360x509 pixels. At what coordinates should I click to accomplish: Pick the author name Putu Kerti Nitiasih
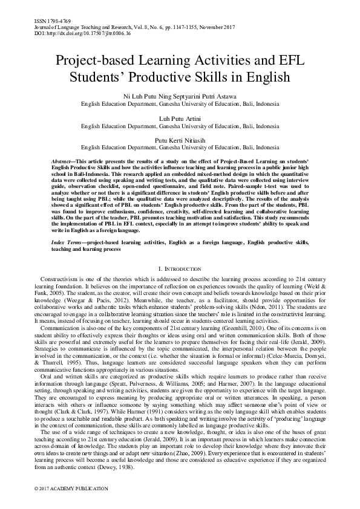(x=180, y=139)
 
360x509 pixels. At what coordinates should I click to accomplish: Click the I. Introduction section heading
(x=180, y=268)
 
